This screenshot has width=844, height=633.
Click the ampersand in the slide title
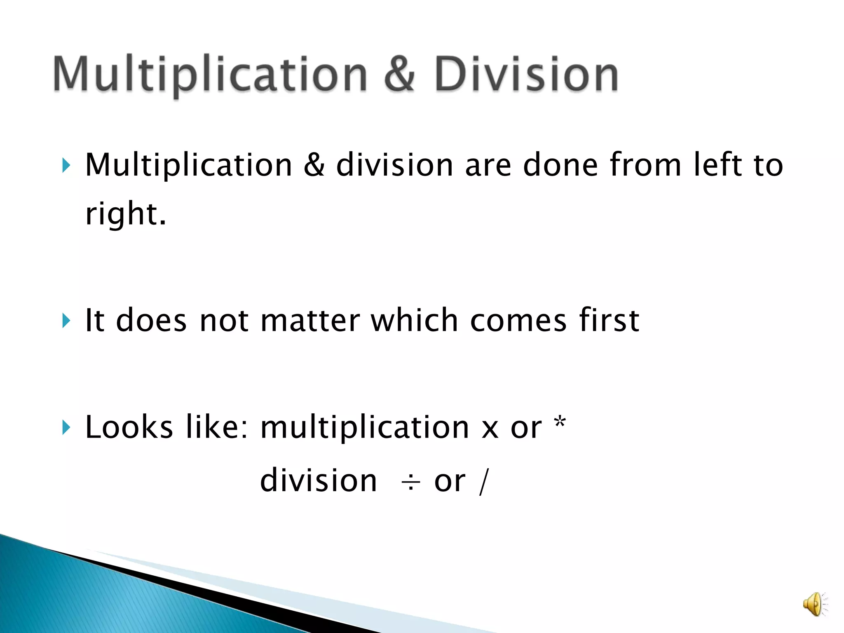[x=399, y=74]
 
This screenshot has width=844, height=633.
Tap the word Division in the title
[x=526, y=74]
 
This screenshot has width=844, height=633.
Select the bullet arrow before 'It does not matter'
[x=66, y=321]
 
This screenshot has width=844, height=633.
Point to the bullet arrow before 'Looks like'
[x=66, y=427]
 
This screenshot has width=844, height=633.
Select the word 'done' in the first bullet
[x=560, y=165]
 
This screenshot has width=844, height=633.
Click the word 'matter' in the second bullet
[x=310, y=321]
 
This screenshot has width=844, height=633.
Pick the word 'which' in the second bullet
[x=415, y=321]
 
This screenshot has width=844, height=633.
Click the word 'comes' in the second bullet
[x=518, y=321]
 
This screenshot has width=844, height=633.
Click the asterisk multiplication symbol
[x=560, y=424]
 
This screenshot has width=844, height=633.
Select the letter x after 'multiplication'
[x=490, y=429]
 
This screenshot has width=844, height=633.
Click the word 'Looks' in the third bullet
[x=129, y=427]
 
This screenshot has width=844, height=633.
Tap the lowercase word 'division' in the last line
[x=319, y=481]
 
